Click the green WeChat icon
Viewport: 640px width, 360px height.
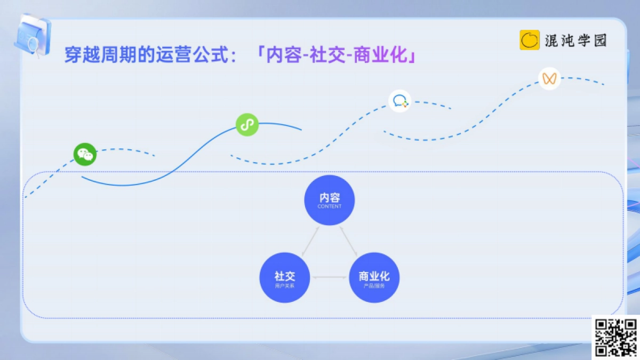point(85,155)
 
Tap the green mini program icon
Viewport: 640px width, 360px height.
point(247,125)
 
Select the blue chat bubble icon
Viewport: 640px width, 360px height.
point(400,101)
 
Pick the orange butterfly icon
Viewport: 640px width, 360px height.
point(549,79)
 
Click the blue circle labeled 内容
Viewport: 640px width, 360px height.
point(330,200)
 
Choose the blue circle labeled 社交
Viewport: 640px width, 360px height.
point(285,277)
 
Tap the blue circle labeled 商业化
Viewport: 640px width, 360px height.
point(374,277)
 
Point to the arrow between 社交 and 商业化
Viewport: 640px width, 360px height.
point(329,277)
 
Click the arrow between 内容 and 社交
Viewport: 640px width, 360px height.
point(310,240)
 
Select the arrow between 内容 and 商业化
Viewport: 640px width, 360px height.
point(348,240)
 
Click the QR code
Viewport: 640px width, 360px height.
point(616,337)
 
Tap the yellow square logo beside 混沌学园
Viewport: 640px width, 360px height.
point(530,40)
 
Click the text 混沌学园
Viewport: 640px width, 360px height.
point(576,41)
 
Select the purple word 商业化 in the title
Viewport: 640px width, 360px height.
point(383,55)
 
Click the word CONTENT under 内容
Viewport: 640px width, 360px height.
point(330,206)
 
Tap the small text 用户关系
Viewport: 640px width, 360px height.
point(285,286)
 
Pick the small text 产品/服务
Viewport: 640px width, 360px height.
point(374,286)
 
